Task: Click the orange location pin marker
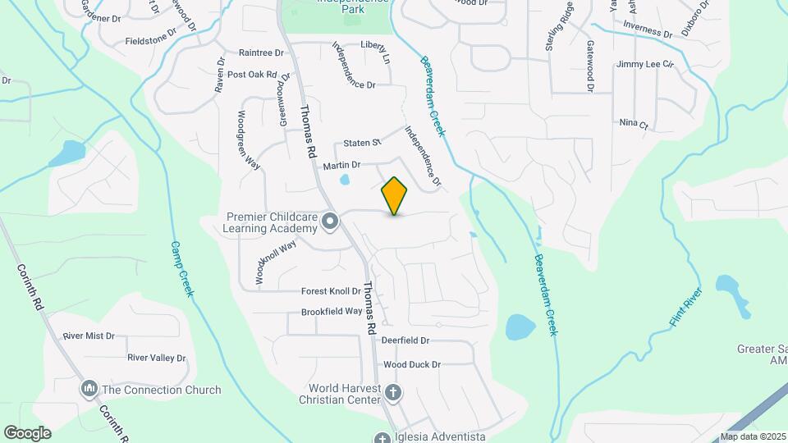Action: click(395, 195)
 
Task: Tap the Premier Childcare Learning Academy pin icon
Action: click(331, 221)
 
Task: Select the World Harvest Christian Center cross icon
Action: click(393, 393)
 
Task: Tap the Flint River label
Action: click(685, 308)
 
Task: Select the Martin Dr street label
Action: click(341, 166)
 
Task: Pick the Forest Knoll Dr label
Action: click(331, 291)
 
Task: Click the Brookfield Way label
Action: click(332, 312)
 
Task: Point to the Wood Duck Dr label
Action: click(412, 364)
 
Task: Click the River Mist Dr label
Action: click(89, 336)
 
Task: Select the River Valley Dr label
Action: click(157, 359)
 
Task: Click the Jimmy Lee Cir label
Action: click(645, 64)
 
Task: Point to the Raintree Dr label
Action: click(260, 52)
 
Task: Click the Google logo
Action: click(27, 432)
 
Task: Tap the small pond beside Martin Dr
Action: click(344, 180)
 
